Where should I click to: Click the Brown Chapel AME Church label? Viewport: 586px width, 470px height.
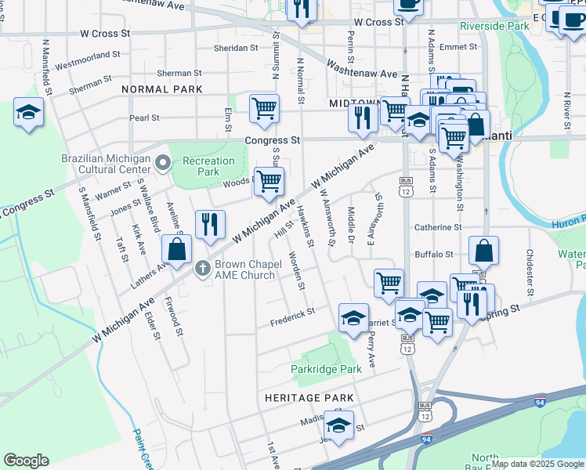pos(246,269)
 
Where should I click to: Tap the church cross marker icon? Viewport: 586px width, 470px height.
pos(202,268)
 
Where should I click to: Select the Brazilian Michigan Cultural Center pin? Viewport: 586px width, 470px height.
pos(163,163)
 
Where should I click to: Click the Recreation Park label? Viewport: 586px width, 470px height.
pos(208,166)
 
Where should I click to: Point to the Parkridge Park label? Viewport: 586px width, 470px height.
pos(326,368)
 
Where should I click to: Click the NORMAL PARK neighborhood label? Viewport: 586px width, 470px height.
pos(161,90)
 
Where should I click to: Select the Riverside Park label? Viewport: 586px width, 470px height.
pos(494,26)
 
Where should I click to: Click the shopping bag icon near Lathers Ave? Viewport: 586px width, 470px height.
pos(178,250)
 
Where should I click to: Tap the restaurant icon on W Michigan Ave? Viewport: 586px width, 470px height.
pos(209,225)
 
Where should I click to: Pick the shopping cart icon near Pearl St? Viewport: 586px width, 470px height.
pos(265,108)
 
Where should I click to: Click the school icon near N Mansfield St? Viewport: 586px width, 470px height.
pos(28,113)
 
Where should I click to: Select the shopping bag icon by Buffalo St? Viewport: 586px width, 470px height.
pos(484,250)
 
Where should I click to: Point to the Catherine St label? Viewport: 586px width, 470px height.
pos(439,227)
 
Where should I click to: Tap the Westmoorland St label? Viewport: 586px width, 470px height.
pos(87,58)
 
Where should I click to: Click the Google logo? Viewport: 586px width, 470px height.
pos(27,461)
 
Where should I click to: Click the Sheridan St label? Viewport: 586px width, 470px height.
pos(236,48)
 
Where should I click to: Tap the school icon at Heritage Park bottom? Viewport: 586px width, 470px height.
pos(339,427)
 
